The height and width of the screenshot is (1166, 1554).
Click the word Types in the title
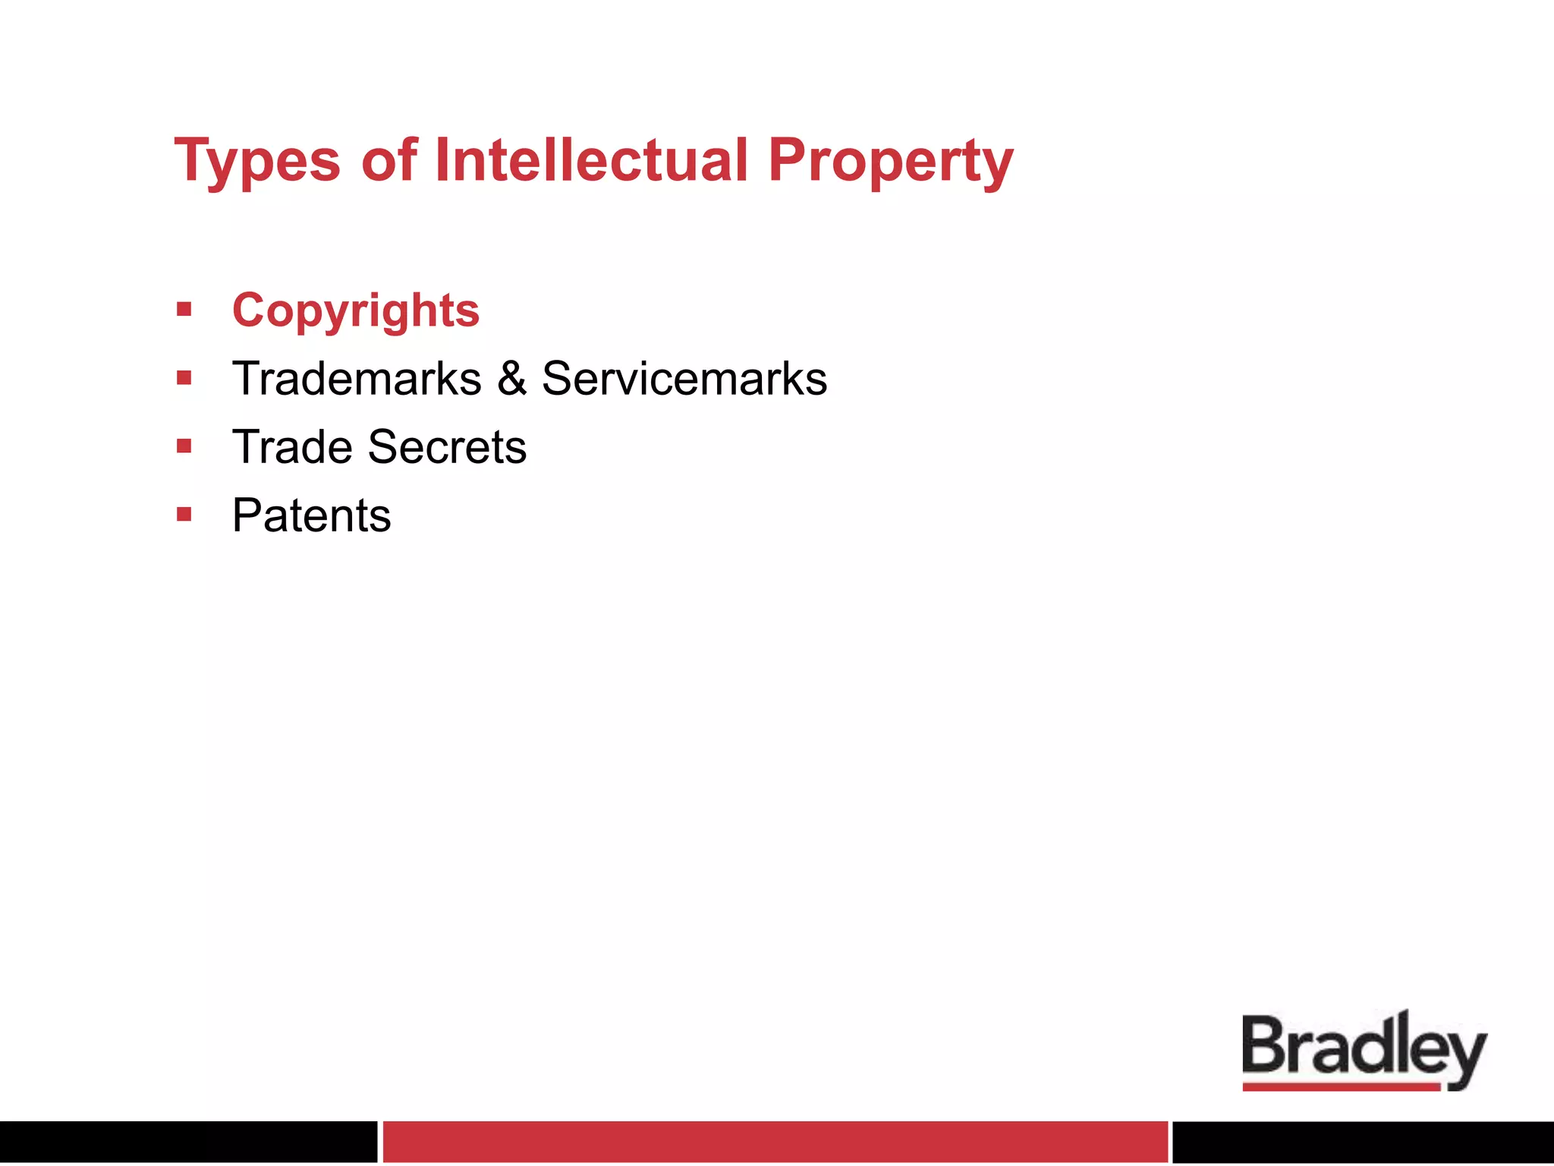point(257,161)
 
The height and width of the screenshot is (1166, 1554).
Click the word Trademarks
point(357,378)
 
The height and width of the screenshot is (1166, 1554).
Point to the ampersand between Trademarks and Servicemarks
point(512,378)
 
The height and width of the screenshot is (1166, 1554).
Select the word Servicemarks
point(684,378)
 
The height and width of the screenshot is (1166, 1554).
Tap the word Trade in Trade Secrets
point(292,446)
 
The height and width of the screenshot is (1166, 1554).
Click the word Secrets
point(447,446)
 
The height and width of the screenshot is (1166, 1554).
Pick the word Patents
point(311,515)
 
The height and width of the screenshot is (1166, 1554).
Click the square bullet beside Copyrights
point(184,309)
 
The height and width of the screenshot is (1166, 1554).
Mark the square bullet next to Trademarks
point(184,377)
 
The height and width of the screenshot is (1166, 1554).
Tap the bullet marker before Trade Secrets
point(184,446)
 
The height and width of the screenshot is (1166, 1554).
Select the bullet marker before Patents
point(184,515)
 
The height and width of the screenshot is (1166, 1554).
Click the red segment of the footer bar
point(775,1141)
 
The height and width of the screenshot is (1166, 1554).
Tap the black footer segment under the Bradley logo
point(1363,1141)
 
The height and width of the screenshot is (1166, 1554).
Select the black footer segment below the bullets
point(188,1141)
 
